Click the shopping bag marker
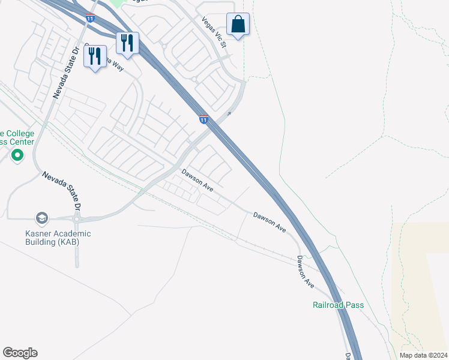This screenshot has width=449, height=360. point(238,25)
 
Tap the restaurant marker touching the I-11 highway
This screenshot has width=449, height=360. point(127,43)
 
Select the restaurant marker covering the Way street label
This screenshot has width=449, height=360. point(95,56)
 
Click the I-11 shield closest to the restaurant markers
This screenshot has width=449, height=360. point(90,19)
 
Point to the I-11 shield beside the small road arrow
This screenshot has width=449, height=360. point(204,119)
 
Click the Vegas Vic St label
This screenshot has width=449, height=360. point(214,32)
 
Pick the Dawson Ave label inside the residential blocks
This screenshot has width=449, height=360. point(198,180)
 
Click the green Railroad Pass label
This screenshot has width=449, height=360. point(338,305)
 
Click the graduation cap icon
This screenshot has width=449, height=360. point(41,218)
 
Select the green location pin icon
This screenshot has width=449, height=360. point(17,156)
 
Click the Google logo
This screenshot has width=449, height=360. point(20,353)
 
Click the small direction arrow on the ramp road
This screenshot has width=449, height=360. point(229,113)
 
